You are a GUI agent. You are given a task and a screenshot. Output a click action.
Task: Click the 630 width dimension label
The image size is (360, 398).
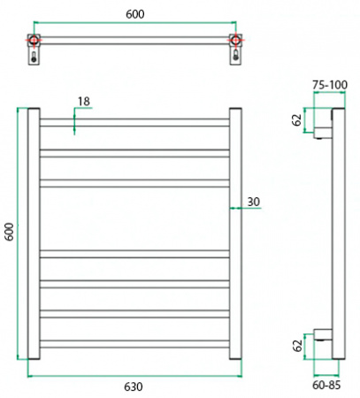pyautogui.click(x=134, y=387)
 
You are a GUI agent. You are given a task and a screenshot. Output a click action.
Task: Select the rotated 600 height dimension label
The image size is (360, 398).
pyautogui.click(x=10, y=232)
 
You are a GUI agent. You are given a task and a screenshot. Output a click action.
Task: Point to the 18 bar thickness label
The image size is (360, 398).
pyautogui.click(x=83, y=102)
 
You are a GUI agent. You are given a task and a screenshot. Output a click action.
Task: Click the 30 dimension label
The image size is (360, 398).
pyautogui.click(x=253, y=203)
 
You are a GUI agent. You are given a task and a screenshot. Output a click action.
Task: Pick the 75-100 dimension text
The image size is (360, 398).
pyautogui.click(x=329, y=84)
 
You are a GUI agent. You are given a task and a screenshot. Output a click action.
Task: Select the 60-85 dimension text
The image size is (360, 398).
pyautogui.click(x=327, y=386)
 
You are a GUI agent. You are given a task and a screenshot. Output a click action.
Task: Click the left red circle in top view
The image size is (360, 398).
pyautogui.click(x=33, y=41)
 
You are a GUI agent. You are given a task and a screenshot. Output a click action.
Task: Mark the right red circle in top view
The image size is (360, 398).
pyautogui.click(x=235, y=41)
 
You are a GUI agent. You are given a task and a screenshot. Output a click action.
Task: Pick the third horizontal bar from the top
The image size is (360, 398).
pyautogui.click(x=134, y=183)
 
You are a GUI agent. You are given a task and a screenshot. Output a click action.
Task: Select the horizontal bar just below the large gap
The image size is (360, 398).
pyautogui.click(x=134, y=255)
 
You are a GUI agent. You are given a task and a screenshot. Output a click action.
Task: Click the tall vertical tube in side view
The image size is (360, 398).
pyautogui.click(x=336, y=234)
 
